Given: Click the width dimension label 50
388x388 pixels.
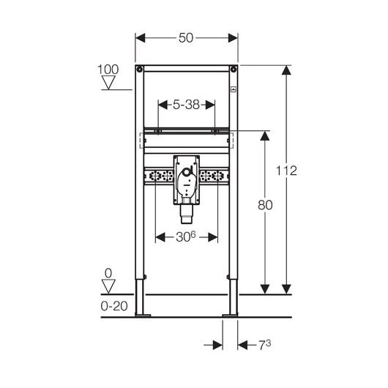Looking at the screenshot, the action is (x=186, y=38).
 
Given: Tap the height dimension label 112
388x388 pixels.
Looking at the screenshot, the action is (x=286, y=171).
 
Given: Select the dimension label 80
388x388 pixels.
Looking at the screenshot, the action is (x=265, y=205).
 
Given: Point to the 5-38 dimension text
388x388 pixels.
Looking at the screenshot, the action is (x=187, y=105).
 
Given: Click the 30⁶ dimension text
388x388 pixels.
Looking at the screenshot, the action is (x=186, y=236).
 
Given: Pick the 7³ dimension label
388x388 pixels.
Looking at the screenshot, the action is (x=265, y=345).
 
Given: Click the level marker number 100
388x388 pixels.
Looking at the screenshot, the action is (x=108, y=70).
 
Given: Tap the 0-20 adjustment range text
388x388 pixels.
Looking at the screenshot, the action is (x=114, y=306).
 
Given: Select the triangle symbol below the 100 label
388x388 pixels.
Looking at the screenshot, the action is (x=108, y=82).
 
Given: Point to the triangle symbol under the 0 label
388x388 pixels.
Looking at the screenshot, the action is (x=108, y=286).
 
